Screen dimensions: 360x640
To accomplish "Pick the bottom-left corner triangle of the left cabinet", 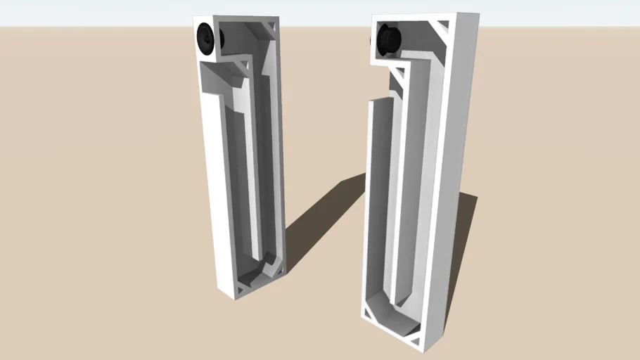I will pos(241,287).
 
